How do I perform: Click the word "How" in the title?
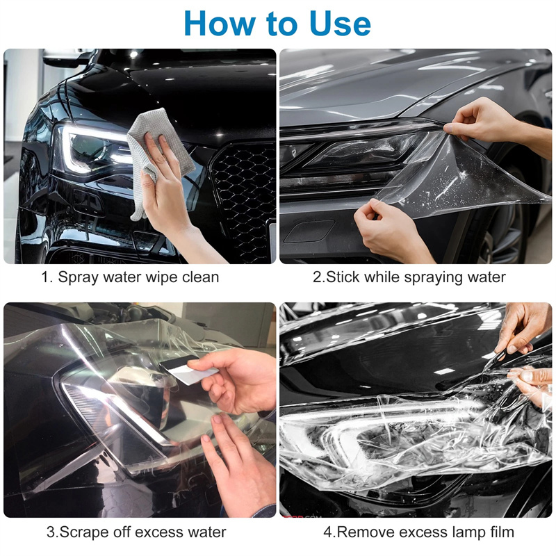(219, 24)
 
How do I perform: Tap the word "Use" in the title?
(340, 24)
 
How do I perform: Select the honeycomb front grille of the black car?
(245, 199)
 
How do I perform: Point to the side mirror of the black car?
(67, 58)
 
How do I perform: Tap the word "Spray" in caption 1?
(78, 277)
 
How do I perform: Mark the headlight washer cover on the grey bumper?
(309, 231)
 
